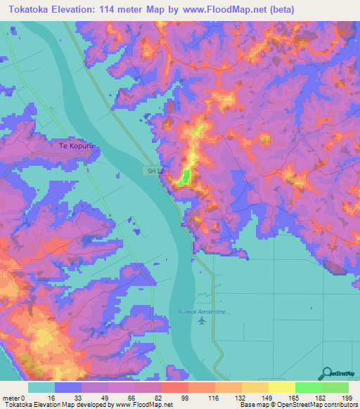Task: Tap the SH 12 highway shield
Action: (153, 171)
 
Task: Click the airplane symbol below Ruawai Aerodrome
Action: (203, 321)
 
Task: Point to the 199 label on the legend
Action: (345, 398)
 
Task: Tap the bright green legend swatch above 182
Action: (309, 387)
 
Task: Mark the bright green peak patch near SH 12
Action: (184, 178)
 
